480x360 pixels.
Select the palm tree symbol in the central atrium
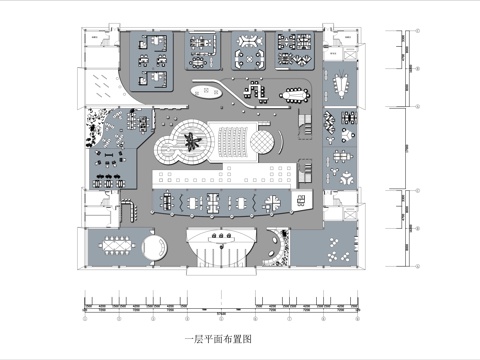[192, 147]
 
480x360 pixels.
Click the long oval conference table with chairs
[297, 95]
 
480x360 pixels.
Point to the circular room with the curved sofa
[153, 247]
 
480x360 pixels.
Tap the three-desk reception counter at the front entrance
[221, 237]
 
